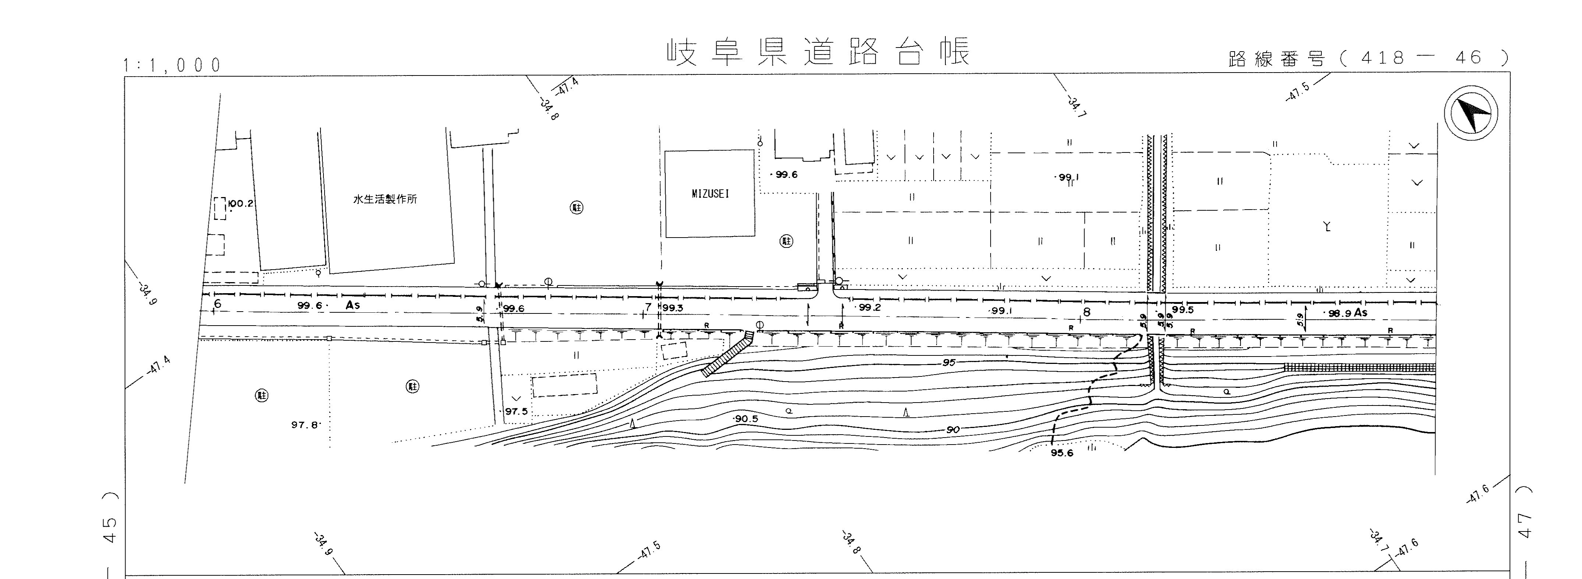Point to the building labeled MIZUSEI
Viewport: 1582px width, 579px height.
(x=710, y=194)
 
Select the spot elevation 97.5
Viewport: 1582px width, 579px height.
(x=516, y=411)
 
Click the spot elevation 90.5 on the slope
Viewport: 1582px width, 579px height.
(x=746, y=418)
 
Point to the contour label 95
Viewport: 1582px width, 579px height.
(x=949, y=363)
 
